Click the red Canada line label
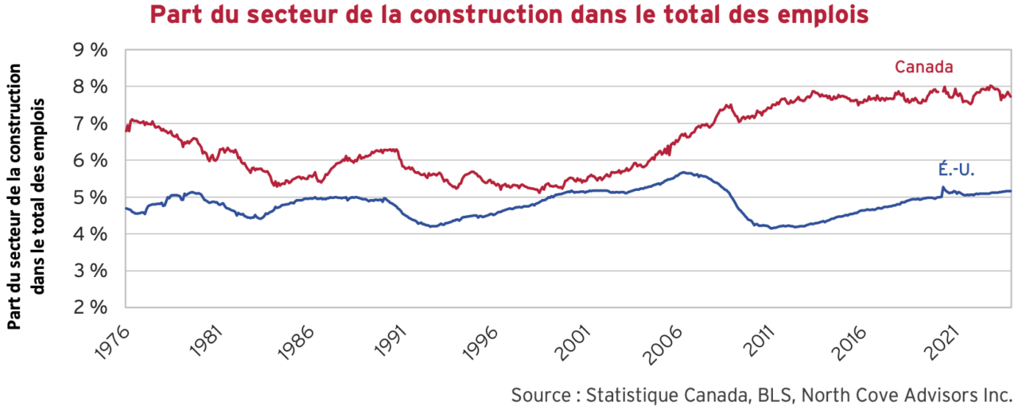coord(923,67)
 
